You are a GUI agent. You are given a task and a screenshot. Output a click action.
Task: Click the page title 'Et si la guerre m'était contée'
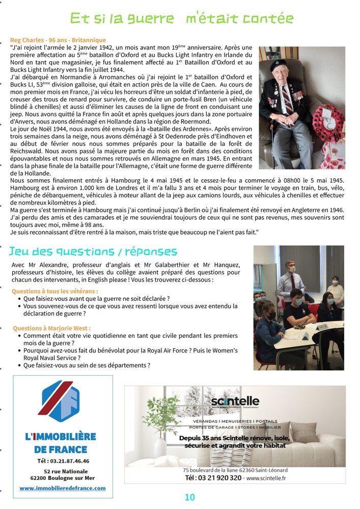pyautogui.click(x=182, y=19)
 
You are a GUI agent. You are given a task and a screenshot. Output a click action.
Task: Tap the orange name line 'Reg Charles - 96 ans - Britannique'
pyautogui.click(x=58, y=40)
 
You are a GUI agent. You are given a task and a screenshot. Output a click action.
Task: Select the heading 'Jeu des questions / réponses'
pyautogui.click(x=93, y=251)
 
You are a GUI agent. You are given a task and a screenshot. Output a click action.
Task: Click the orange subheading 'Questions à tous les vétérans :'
pyautogui.click(x=54, y=291)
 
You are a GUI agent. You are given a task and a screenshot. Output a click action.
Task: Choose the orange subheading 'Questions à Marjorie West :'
pyautogui.click(x=51, y=328)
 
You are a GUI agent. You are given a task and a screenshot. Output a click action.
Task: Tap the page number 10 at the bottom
pyautogui.click(x=189, y=497)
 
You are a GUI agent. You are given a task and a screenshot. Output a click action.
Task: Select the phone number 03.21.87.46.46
pyautogui.click(x=63, y=461)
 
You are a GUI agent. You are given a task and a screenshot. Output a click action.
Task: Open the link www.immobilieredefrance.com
pyautogui.click(x=63, y=488)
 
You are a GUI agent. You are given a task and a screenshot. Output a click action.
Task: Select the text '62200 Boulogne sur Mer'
pyautogui.click(x=63, y=478)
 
